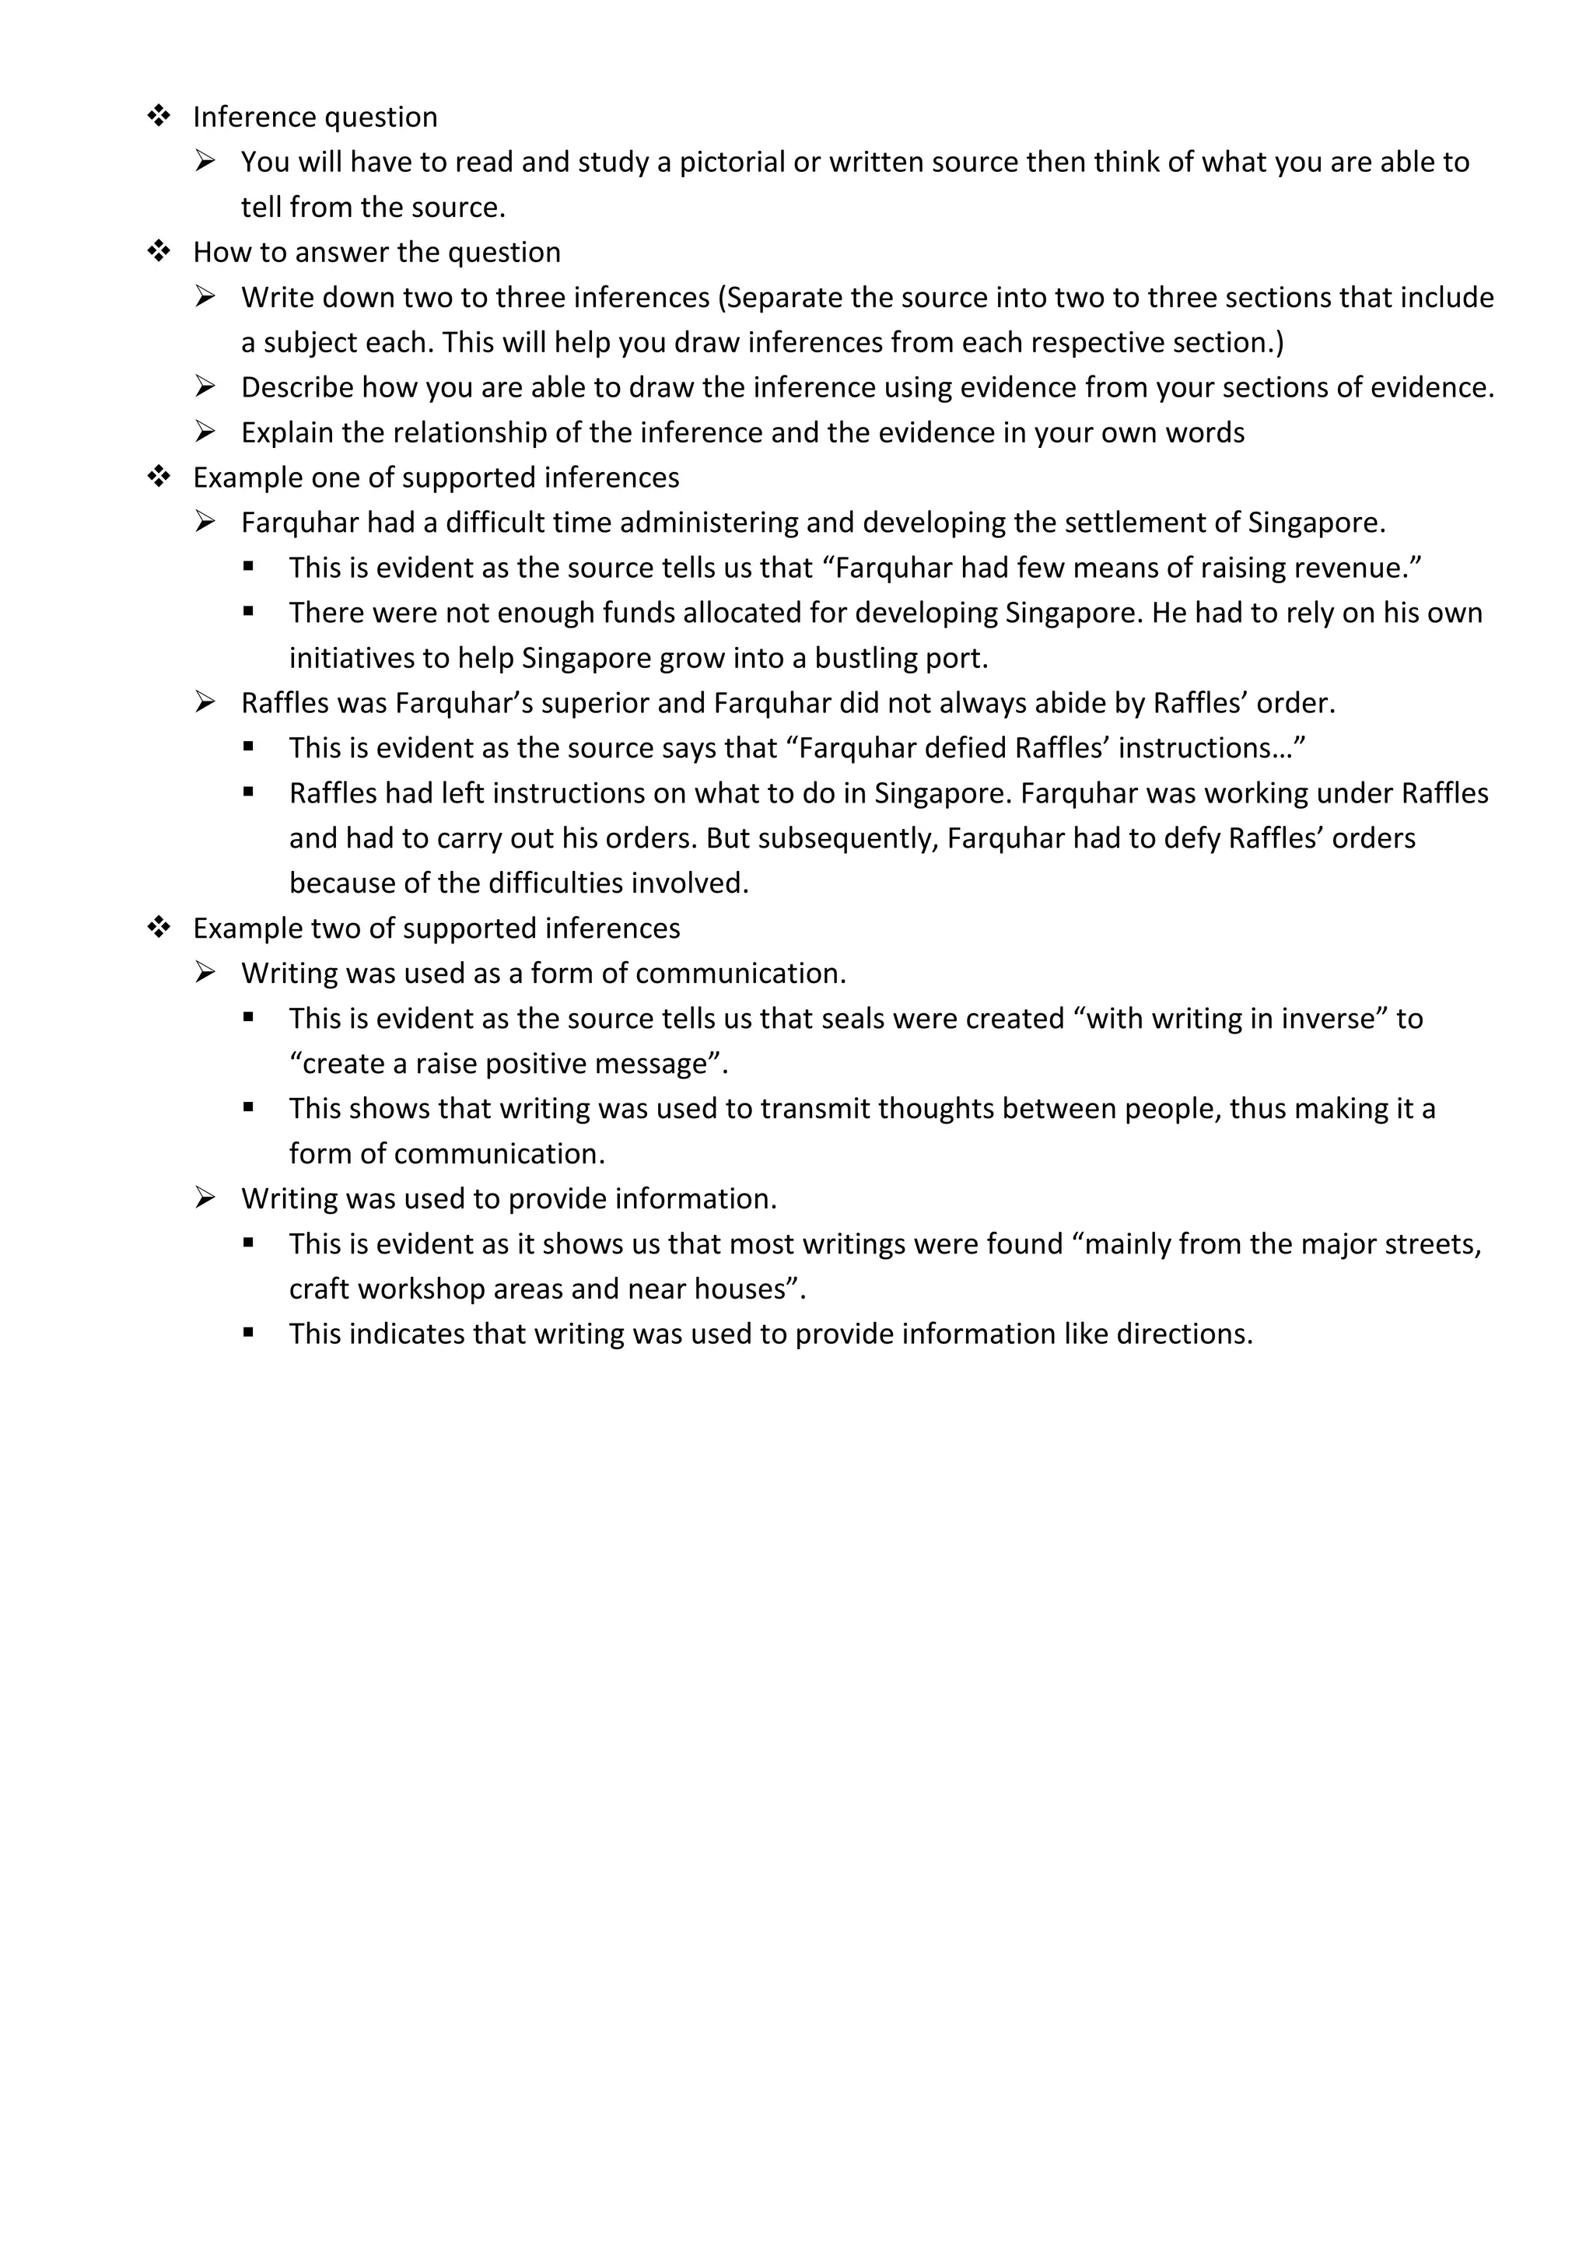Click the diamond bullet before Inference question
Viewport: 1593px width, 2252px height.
[159, 117]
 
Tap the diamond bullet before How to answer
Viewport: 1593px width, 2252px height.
[159, 252]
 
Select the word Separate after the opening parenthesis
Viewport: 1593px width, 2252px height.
[788, 297]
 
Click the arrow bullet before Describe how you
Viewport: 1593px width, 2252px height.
[205, 387]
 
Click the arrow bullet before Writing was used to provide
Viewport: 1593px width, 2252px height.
[205, 1198]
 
